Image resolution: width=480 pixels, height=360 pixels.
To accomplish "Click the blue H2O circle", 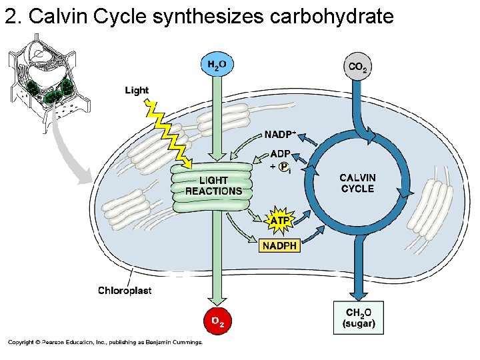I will tap(217, 65).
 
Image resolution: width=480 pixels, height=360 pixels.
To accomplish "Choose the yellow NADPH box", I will tap(279, 245).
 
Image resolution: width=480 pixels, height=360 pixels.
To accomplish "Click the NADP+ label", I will tap(280, 135).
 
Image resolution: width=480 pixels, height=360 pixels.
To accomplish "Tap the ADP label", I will tap(280, 154).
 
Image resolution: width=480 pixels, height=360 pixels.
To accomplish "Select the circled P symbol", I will tap(284, 167).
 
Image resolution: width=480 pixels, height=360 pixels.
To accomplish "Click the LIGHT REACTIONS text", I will tap(213, 185).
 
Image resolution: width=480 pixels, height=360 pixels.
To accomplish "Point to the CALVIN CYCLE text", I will tap(357, 183).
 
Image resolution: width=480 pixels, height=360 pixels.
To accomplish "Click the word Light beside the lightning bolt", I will tap(137, 90).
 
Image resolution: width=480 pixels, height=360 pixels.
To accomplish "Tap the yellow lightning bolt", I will tap(171, 133).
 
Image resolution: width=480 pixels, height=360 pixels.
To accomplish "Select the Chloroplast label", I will tap(125, 290).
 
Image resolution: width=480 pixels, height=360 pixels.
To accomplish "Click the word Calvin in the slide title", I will tap(54, 16).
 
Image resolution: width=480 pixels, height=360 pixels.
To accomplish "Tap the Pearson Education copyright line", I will tap(105, 342).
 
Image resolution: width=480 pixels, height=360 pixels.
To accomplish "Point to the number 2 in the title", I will tap(10, 16).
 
